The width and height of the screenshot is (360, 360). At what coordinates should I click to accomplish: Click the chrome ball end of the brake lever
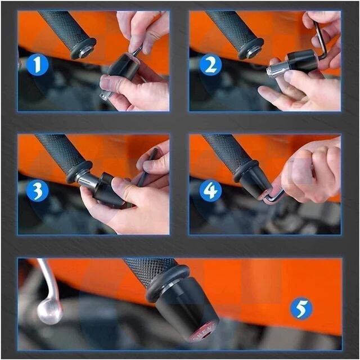click(x=49, y=312)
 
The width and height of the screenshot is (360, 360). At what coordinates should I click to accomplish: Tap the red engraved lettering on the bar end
click(x=206, y=331)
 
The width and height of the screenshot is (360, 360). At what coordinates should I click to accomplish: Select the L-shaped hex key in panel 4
click(x=274, y=195)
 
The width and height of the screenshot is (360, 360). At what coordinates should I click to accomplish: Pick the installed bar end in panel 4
click(x=254, y=183)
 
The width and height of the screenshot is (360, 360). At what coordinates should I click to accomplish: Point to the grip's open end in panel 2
click(x=250, y=49)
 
